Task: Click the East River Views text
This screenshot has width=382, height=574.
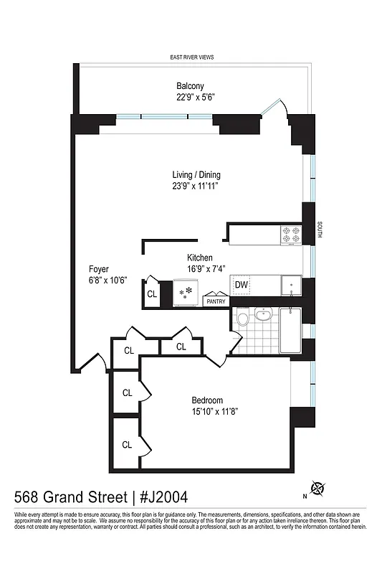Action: tap(191, 57)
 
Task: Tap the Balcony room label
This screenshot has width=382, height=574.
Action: tap(191, 87)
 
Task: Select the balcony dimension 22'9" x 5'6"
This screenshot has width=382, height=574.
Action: tap(191, 98)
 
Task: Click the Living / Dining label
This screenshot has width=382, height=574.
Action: tap(196, 175)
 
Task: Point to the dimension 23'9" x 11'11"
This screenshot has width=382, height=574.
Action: tap(194, 186)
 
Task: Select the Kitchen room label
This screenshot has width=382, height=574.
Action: tap(200, 258)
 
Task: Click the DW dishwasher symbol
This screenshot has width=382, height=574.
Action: tap(242, 284)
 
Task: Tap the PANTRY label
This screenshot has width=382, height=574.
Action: tap(216, 302)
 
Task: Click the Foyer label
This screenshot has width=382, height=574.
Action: tap(98, 270)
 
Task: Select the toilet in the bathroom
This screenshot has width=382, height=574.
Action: tap(243, 318)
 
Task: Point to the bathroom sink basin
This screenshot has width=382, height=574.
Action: tap(264, 315)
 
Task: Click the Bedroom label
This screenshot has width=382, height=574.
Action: tap(206, 400)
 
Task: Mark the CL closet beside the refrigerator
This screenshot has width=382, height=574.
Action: tap(152, 293)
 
